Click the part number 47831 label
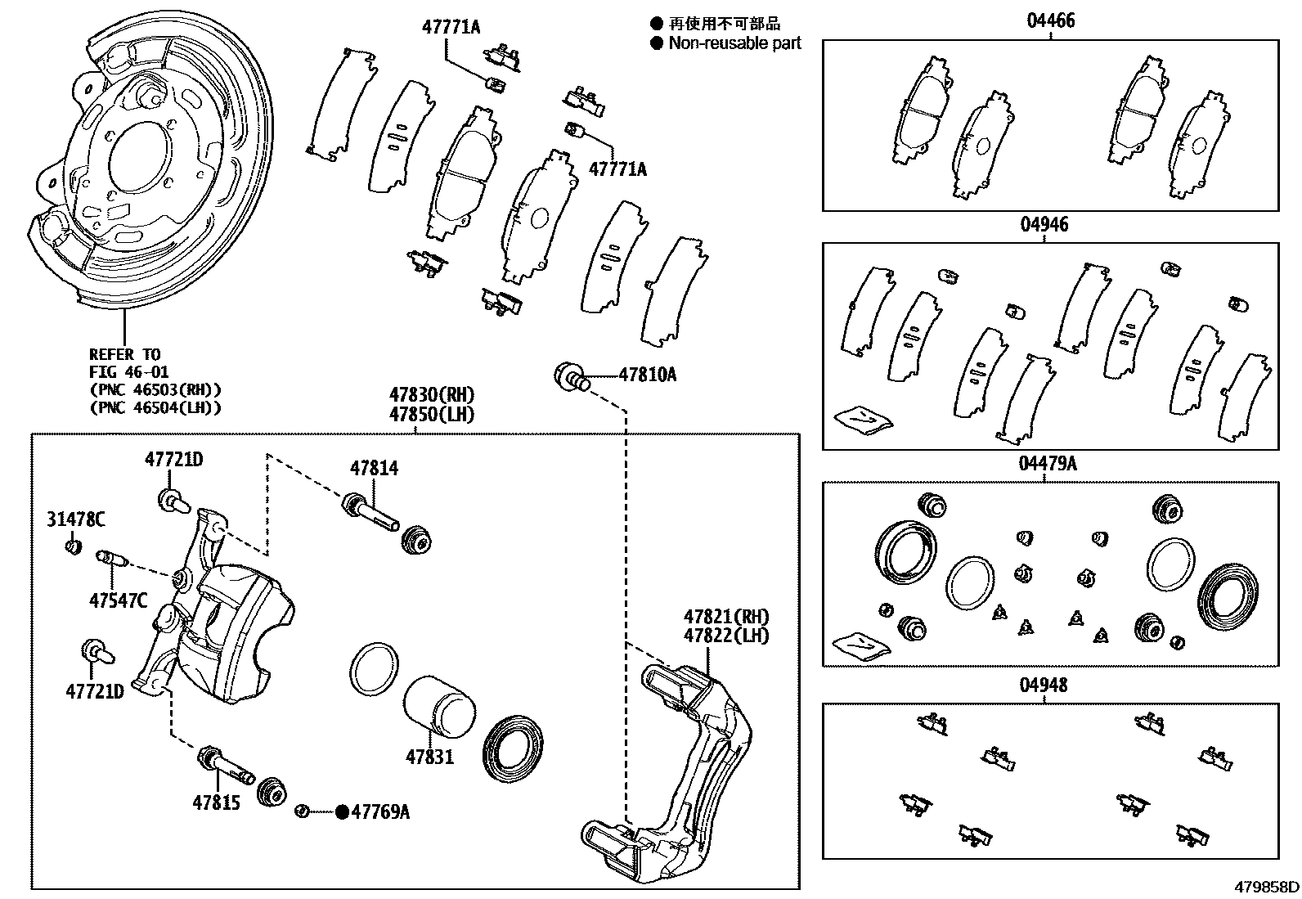429,757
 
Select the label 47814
374,469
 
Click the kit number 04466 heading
1051,21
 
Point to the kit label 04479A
1048,464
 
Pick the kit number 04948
1044,685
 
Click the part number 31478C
75,519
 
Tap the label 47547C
119,601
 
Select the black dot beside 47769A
342,811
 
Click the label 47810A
647,375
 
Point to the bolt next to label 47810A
571,376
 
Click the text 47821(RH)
726,617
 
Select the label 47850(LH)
432,414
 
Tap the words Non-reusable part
734,43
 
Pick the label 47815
217,802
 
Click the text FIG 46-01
128,372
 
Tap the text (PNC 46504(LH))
155,407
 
